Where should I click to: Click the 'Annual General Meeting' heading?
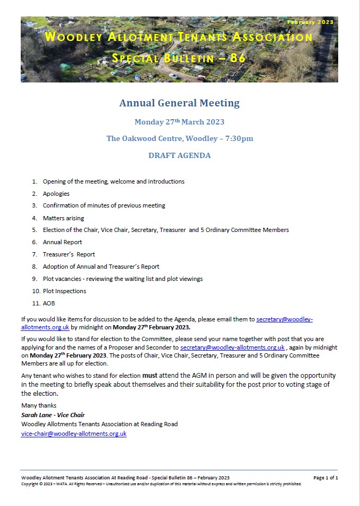pos(179,103)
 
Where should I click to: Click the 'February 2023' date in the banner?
pos(310,22)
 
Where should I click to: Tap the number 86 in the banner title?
pos(237,58)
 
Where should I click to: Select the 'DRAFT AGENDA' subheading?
pos(179,156)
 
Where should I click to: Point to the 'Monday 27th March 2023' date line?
pos(179,122)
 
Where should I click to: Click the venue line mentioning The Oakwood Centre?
pos(179,139)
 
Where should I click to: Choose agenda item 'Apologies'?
pos(56,194)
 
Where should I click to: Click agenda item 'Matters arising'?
pos(63,218)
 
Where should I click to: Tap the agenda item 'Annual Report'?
pos(62,242)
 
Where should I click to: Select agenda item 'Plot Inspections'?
pos(64,291)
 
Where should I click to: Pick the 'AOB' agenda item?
pos(49,303)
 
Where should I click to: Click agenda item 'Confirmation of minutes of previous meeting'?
pos(104,206)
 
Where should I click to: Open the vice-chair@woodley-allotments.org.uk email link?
pos(74,434)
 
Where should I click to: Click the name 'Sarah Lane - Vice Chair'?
pos(53,415)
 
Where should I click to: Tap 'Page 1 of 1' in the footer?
pos(325,478)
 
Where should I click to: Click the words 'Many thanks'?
pos(39,405)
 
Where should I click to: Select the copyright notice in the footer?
pos(161,484)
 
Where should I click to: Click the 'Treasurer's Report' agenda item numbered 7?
pos(69,254)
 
